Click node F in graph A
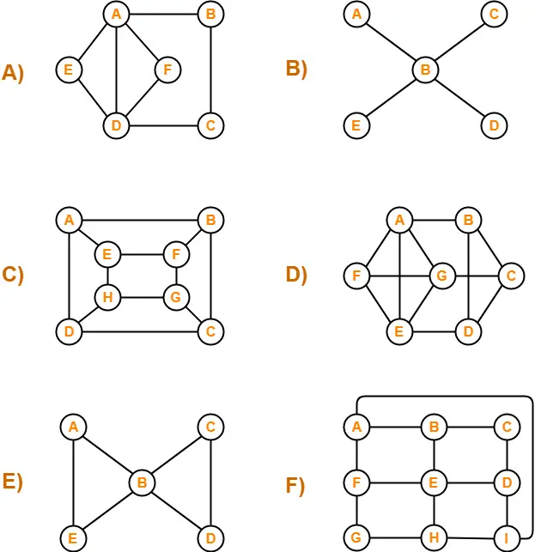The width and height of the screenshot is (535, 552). (x=167, y=70)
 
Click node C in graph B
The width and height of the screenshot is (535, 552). (x=493, y=14)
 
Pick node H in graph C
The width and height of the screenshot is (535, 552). (x=108, y=297)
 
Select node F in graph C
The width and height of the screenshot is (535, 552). (x=176, y=255)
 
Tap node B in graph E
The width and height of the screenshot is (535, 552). (x=142, y=482)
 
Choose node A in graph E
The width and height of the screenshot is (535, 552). (x=73, y=427)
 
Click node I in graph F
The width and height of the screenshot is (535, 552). (x=507, y=538)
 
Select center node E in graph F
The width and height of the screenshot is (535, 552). (x=433, y=482)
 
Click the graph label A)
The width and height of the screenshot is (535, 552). (x=13, y=73)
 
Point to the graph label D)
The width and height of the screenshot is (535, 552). (x=297, y=275)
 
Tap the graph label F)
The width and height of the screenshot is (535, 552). (x=295, y=486)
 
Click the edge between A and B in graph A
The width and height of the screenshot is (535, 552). (x=162, y=14)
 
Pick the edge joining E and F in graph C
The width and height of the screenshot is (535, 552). (x=142, y=255)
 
